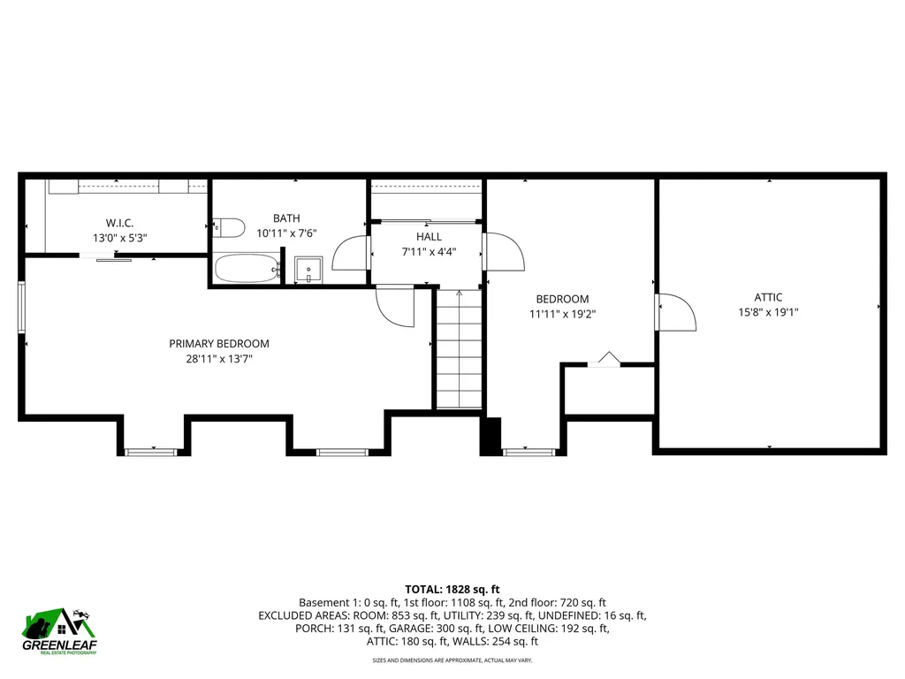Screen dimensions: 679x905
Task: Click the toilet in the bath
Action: [230, 228]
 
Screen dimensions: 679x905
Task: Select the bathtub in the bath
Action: [247, 269]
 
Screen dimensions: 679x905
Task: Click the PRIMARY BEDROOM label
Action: [219, 344]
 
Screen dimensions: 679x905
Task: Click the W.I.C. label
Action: [119, 223]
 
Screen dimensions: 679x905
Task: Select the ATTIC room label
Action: [768, 298]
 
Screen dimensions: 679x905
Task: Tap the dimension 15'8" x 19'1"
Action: [768, 312]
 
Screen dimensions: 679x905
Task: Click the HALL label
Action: [429, 237]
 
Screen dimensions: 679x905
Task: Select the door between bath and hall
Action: [354, 252]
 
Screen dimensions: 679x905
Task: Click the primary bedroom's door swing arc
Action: [395, 307]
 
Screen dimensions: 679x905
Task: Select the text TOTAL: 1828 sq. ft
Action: [452, 589]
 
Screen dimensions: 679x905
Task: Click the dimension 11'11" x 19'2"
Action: [562, 313]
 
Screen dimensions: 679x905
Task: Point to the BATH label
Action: [286, 218]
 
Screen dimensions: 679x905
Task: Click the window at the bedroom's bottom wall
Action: [529, 452]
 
